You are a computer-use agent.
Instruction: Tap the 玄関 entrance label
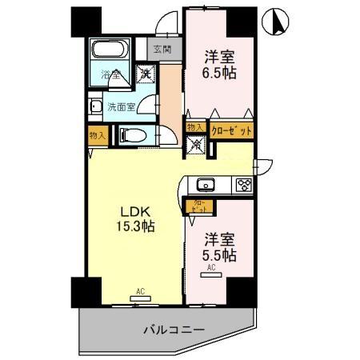(x=162, y=50)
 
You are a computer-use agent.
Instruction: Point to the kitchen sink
(x=206, y=185)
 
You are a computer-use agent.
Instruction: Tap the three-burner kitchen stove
(x=243, y=185)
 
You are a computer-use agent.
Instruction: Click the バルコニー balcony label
(x=174, y=329)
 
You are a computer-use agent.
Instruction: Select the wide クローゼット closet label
(x=232, y=130)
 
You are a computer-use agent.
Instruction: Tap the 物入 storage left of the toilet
(x=98, y=135)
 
